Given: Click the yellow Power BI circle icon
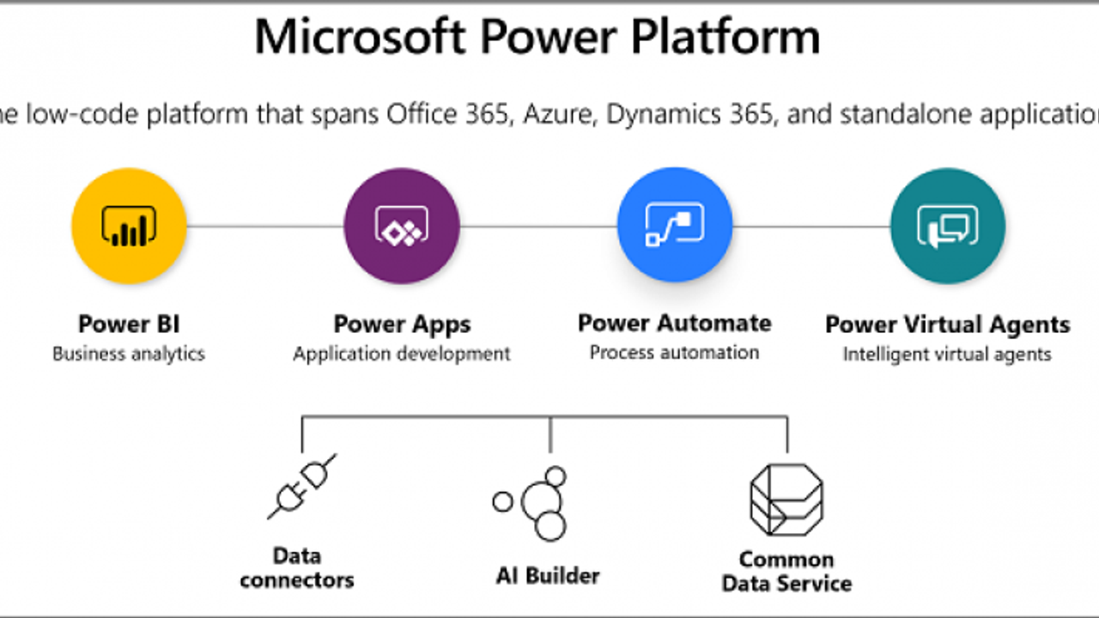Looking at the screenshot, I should point(129,226).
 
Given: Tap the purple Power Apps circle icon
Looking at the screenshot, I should point(401,226).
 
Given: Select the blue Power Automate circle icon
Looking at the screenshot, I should point(675,226).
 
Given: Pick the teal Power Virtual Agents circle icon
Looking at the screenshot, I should point(948,226).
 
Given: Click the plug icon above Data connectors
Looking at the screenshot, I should point(301,487).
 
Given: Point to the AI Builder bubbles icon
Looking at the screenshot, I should point(535,503).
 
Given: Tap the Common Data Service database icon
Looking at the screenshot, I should point(786,500).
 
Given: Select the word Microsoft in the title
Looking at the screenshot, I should point(360,38).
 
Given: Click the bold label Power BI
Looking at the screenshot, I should point(129,324).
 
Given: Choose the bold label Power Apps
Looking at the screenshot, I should point(402,324).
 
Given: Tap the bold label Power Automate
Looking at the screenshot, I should point(675,324).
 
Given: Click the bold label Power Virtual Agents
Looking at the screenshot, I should point(948,325).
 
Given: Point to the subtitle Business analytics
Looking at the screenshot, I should point(129,354).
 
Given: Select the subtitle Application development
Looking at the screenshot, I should point(402,354).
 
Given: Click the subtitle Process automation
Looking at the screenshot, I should point(675,352).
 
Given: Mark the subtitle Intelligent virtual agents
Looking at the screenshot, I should point(947,354).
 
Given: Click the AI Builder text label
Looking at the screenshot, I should point(548,575).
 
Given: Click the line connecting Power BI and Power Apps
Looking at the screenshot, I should point(264,227).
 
